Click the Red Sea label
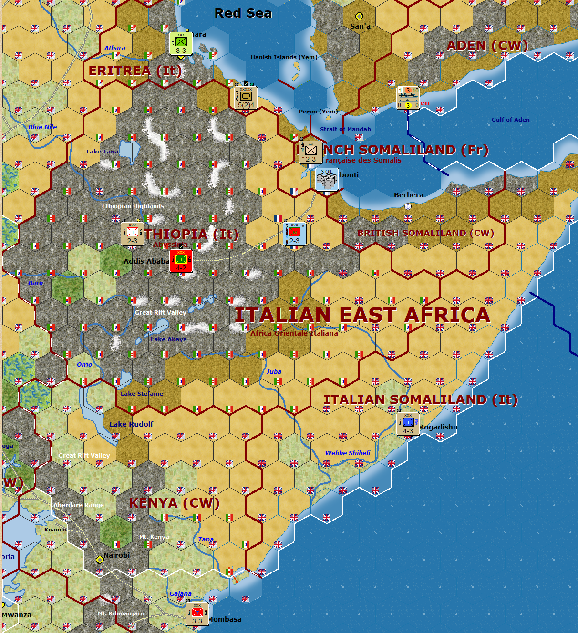click(x=243, y=13)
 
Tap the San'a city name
click(x=360, y=26)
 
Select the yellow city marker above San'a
click(x=359, y=17)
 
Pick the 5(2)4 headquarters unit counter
click(x=246, y=98)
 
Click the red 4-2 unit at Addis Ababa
click(x=181, y=261)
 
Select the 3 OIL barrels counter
click(x=327, y=180)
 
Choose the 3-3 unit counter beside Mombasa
click(x=197, y=614)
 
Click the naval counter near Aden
click(x=408, y=98)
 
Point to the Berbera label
click(x=409, y=195)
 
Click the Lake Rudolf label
click(x=131, y=424)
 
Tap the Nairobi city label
click(x=117, y=555)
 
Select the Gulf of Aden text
click(x=510, y=120)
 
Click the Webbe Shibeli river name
click(x=348, y=453)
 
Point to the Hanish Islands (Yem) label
click(x=284, y=57)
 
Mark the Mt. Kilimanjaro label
click(x=121, y=613)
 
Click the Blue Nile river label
click(x=42, y=127)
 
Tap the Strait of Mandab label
click(x=345, y=129)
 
